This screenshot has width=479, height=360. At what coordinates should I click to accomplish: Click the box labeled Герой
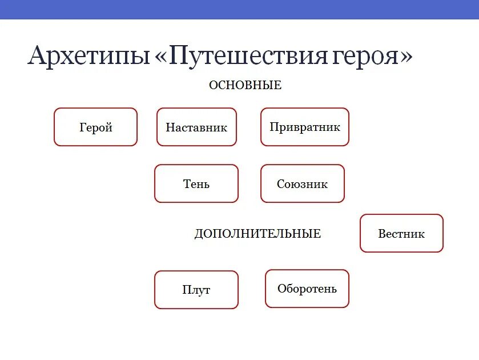[95, 127]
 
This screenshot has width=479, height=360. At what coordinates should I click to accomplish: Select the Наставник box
[196, 127]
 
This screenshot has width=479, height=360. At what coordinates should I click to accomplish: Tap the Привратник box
[304, 127]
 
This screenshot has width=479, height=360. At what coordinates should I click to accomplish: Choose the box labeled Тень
[196, 183]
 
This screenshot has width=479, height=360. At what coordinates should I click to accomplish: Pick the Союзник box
[302, 183]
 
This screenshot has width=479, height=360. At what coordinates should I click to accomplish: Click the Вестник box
[401, 233]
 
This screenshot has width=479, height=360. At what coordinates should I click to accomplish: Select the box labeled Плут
[196, 290]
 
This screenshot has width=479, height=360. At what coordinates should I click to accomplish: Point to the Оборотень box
[307, 289]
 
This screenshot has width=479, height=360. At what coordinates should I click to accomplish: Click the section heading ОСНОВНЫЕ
[245, 85]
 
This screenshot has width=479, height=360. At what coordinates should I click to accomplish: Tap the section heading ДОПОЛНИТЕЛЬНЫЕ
[257, 234]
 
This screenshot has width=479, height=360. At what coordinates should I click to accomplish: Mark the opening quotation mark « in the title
[160, 57]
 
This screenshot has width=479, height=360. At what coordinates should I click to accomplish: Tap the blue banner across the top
[239, 9]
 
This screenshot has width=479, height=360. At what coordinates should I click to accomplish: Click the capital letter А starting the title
[38, 55]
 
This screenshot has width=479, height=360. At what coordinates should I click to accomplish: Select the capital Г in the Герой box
[83, 127]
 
